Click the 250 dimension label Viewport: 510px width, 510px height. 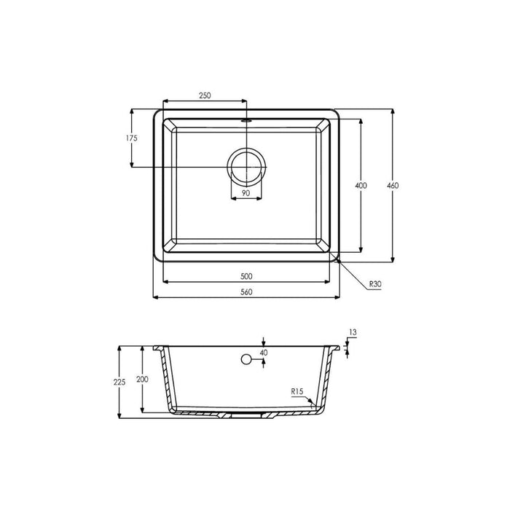(x=205, y=96)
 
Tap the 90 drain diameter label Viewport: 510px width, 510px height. (x=246, y=193)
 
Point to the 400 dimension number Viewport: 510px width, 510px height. (x=361, y=186)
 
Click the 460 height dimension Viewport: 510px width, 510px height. (x=393, y=186)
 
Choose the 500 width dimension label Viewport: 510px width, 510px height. (x=246, y=276)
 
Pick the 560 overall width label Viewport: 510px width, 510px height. (x=246, y=292)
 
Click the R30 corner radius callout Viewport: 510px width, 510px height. (x=376, y=284)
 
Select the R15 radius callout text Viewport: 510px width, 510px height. (x=297, y=392)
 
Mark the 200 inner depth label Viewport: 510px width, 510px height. (x=142, y=380)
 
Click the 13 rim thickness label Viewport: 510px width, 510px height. (x=353, y=332)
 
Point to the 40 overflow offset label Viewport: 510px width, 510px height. (x=263, y=353)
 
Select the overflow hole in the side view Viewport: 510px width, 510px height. (x=247, y=359)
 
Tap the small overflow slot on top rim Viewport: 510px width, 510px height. (x=247, y=117)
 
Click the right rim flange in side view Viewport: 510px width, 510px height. (x=337, y=348)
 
